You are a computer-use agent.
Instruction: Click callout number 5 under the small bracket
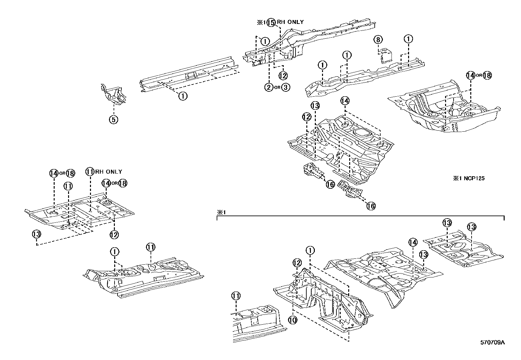pyautogui.click(x=113, y=120)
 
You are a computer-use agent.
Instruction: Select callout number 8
pyautogui.click(x=378, y=40)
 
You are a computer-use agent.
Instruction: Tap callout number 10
pyautogui.click(x=293, y=320)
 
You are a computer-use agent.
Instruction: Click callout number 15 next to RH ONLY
pyautogui.click(x=271, y=23)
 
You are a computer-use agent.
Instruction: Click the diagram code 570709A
pyautogui.click(x=493, y=343)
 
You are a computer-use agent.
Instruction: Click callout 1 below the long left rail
pyautogui.click(x=183, y=96)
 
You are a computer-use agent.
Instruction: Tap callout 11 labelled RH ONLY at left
pyautogui.click(x=90, y=172)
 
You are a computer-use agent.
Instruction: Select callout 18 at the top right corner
pyautogui.click(x=487, y=75)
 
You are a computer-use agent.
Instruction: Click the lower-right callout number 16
pyautogui.click(x=370, y=206)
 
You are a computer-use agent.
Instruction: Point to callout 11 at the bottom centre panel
pyautogui.click(x=236, y=296)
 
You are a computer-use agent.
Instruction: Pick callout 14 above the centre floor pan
pyautogui.click(x=345, y=101)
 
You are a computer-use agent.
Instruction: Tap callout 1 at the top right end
pyautogui.click(x=408, y=39)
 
